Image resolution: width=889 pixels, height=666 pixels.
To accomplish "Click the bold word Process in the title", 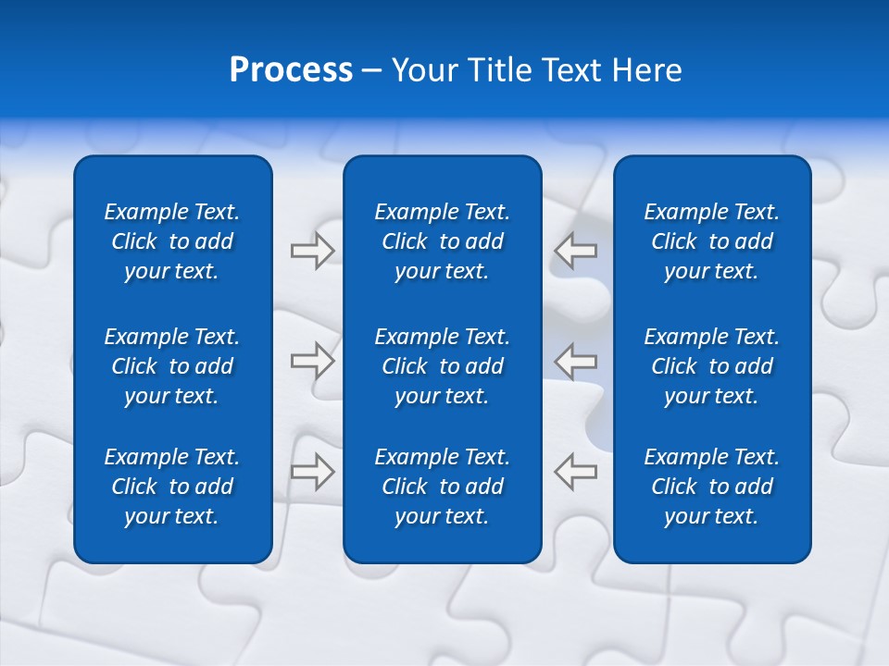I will (x=291, y=69).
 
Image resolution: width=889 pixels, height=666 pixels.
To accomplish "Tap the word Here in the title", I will (x=648, y=69).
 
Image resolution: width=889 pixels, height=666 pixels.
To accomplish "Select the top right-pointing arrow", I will (x=312, y=251).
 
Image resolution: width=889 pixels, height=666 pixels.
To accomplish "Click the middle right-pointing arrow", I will (x=312, y=360).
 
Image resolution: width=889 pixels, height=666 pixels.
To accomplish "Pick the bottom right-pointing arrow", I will (x=312, y=471).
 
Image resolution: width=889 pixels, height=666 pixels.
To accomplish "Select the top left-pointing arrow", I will (x=576, y=251).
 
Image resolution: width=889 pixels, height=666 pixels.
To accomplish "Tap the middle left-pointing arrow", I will (x=576, y=360).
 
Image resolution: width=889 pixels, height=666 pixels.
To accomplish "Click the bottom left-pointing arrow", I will (x=576, y=471).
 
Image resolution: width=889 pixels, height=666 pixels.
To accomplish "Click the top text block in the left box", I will (x=172, y=241).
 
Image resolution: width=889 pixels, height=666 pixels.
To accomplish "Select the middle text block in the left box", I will (x=172, y=366).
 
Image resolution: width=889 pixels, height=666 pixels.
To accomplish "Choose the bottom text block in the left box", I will (x=172, y=487).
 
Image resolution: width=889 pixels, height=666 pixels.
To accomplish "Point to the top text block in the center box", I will (x=442, y=241).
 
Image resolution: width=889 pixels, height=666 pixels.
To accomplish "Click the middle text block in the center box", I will (x=442, y=366).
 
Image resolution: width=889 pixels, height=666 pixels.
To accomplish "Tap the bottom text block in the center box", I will (x=442, y=487).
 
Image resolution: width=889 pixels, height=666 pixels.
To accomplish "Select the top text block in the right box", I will (x=711, y=241).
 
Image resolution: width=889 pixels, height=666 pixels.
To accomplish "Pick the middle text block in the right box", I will (x=711, y=366).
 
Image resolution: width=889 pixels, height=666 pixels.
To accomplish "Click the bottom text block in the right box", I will (x=711, y=487).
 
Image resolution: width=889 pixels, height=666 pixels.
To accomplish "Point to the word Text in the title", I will (x=573, y=69).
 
